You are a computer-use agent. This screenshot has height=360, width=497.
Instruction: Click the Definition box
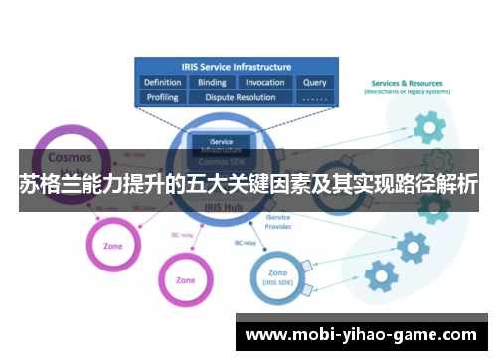pos(163,83)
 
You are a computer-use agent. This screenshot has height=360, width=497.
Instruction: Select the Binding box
pos(212,83)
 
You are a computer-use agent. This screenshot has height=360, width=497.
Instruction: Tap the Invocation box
pos(264,83)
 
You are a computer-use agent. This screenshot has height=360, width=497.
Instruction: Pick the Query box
pos(314,83)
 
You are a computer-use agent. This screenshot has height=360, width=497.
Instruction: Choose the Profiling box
pos(163,98)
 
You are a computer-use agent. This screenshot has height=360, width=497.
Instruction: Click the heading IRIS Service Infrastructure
pos(237,65)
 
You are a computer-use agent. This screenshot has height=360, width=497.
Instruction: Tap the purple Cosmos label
pos(70,158)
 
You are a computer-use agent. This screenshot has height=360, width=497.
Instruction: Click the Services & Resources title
pos(409,83)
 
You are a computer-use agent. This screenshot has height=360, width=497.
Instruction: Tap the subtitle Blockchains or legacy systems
pos(409,92)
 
